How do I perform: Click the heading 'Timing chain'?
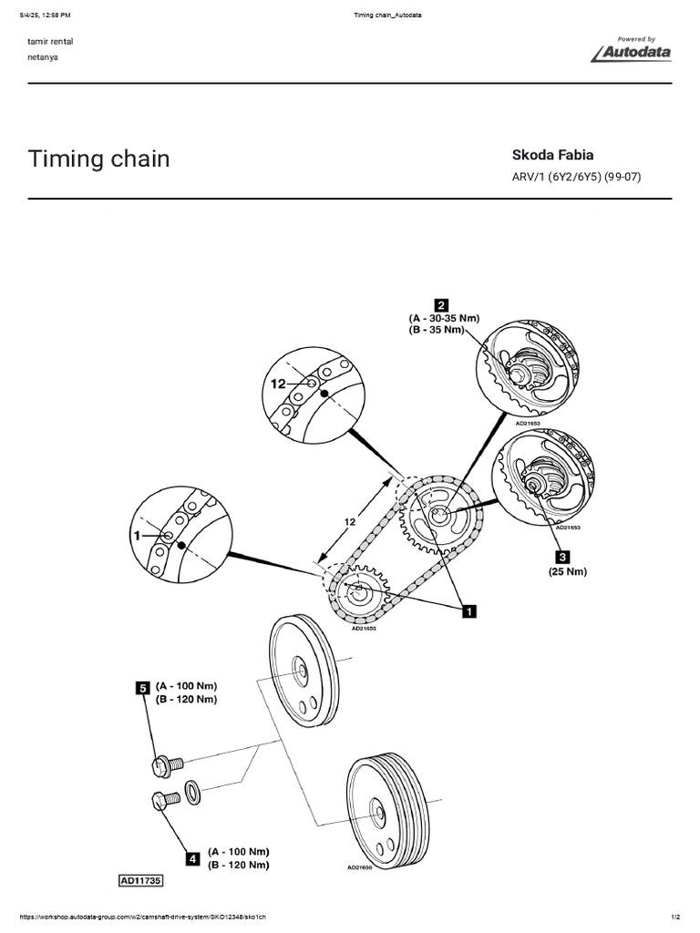pyautogui.click(x=99, y=159)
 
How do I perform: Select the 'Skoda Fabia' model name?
pyautogui.click(x=547, y=155)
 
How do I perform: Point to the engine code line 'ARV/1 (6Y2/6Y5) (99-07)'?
pyautogui.click(x=577, y=177)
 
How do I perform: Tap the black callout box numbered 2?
pyautogui.click(x=440, y=305)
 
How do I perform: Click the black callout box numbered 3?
pyautogui.click(x=562, y=557)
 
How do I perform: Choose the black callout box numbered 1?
pyautogui.click(x=469, y=612)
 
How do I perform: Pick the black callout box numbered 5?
pyautogui.click(x=143, y=689)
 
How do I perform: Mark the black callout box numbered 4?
pyautogui.click(x=193, y=857)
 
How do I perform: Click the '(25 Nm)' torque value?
pyautogui.click(x=569, y=572)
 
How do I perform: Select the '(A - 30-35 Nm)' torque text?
pyautogui.click(x=444, y=318)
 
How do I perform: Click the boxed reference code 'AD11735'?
pyautogui.click(x=139, y=881)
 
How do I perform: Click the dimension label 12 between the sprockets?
pyautogui.click(x=348, y=522)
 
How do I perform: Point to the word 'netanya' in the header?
pyautogui.click(x=46, y=56)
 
